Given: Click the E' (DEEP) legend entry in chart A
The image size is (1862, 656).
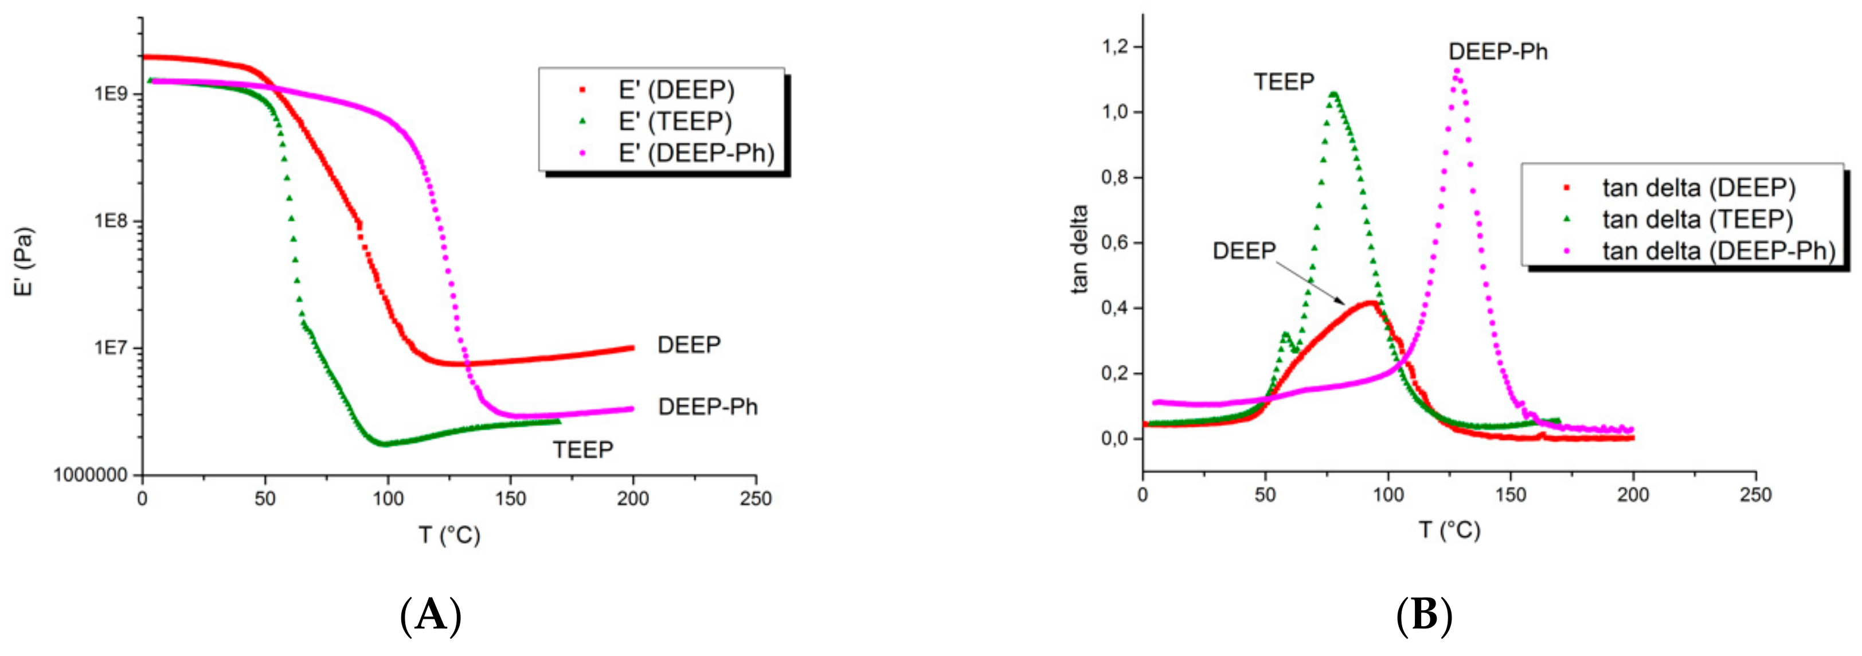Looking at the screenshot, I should (676, 91).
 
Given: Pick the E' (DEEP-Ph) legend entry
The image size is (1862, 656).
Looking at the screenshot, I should (696, 153).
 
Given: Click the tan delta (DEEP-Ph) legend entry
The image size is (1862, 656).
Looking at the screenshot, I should (1718, 251).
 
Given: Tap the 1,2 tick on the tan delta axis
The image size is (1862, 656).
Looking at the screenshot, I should (1114, 47).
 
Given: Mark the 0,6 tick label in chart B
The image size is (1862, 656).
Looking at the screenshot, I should (1114, 243).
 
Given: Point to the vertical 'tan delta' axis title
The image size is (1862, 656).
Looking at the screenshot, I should (1079, 249).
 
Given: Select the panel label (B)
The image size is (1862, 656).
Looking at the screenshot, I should (1424, 616).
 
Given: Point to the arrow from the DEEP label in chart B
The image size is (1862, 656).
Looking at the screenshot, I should (1310, 283).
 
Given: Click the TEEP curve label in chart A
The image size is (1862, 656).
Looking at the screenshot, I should (582, 450).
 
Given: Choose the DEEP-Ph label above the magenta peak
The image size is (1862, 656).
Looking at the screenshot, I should (1498, 52).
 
